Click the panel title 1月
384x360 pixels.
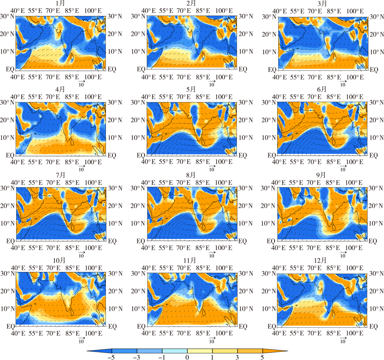(x=60, y=3)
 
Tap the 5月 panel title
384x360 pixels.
(x=191, y=89)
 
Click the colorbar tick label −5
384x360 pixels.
(x=111, y=357)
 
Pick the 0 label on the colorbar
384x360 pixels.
(x=187, y=357)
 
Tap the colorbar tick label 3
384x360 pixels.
(x=237, y=357)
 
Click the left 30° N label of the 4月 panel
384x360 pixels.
(x=7, y=103)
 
